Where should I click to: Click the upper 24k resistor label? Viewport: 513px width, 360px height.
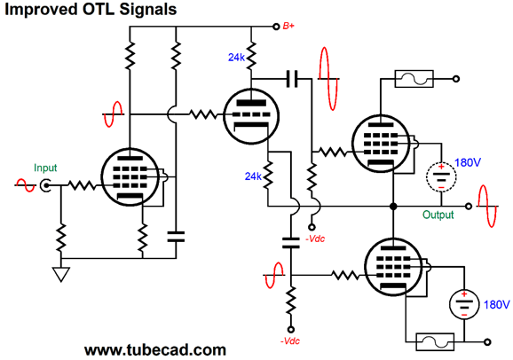tap(236, 58)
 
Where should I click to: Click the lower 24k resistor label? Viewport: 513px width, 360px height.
tap(252, 176)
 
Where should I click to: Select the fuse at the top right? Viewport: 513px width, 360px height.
tap(413, 79)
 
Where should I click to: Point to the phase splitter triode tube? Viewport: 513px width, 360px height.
tap(249, 115)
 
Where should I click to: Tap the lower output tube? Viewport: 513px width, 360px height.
tap(392, 268)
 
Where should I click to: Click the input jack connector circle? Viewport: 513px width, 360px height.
tap(46, 186)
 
